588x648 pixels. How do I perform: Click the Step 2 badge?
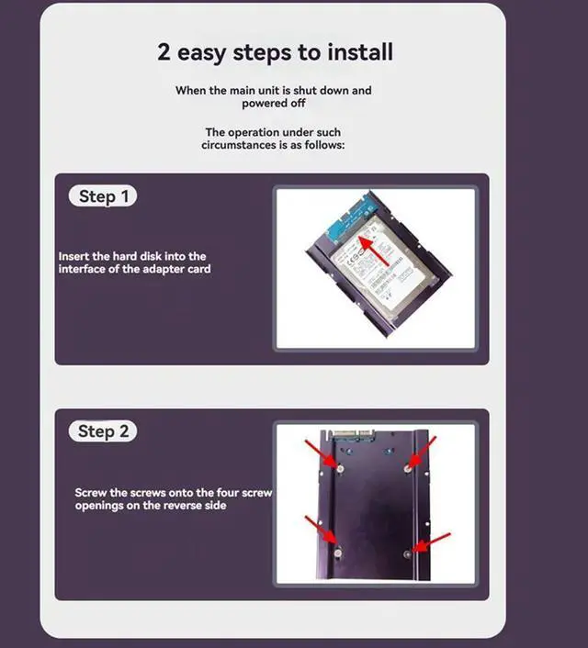tap(102, 431)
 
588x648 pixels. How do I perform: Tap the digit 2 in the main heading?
tap(164, 51)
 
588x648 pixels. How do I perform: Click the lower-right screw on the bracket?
tap(408, 553)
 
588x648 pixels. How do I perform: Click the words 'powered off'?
tap(274, 104)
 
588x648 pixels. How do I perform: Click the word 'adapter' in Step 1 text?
tap(157, 269)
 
